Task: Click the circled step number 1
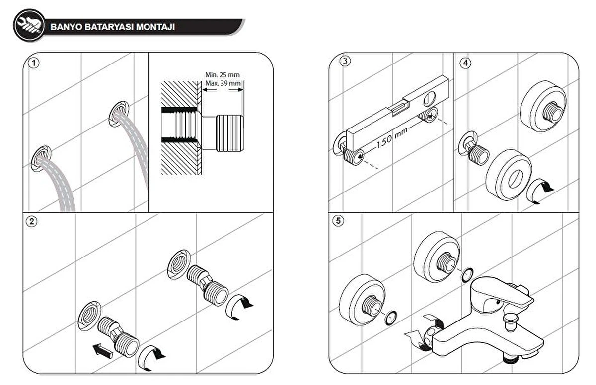pos(33,63)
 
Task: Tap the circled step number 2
pos(32,222)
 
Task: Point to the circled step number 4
pos(465,63)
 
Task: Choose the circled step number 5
pos(338,221)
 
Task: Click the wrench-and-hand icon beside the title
pos(29,25)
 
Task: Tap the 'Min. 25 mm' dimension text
pos(222,75)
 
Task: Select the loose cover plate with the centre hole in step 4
pos(509,174)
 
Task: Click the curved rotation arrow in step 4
pos(540,191)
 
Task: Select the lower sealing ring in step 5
pos(391,318)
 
